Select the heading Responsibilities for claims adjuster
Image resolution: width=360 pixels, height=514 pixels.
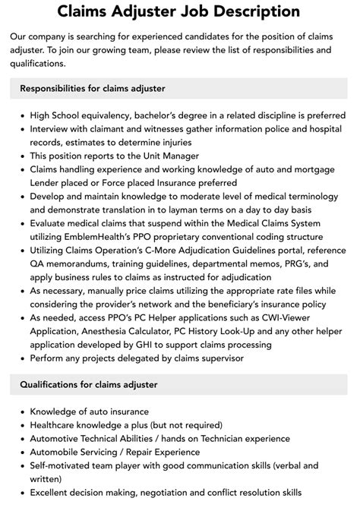(92, 88)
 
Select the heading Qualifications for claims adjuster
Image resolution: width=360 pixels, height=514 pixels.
(89, 385)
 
